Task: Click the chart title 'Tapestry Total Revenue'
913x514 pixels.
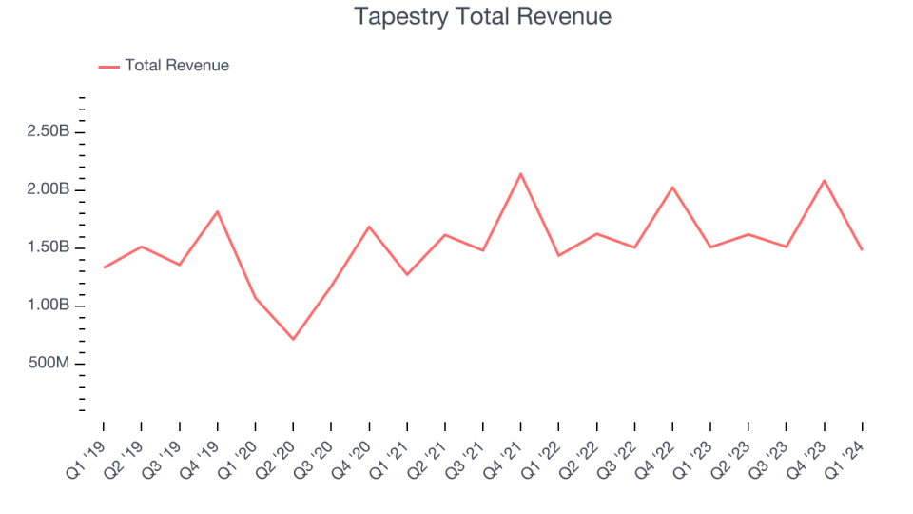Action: (x=482, y=16)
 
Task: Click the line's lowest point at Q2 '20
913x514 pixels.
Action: (x=293, y=339)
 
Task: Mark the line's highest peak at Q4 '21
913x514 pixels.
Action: (x=521, y=174)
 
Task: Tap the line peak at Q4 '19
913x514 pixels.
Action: (x=218, y=211)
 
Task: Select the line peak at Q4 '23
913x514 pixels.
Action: (x=825, y=180)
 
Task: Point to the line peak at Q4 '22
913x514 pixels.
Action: (x=672, y=188)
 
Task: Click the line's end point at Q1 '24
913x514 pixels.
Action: (x=862, y=249)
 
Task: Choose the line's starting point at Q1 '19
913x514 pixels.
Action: (x=104, y=267)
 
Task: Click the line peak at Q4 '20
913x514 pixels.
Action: (x=369, y=227)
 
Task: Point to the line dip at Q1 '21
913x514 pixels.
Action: (x=407, y=274)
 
